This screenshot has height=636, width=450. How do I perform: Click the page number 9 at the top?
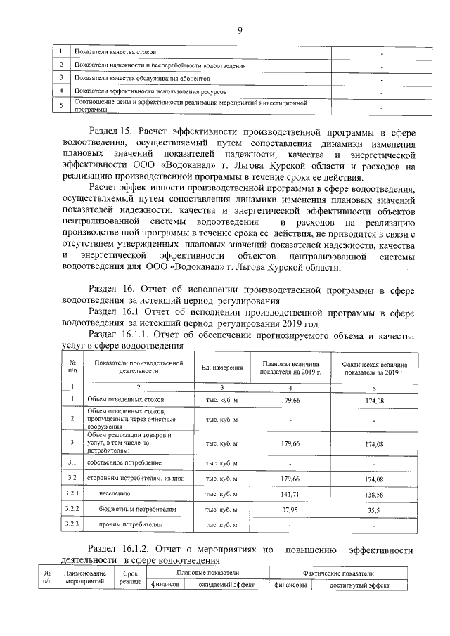(x=239, y=30)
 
